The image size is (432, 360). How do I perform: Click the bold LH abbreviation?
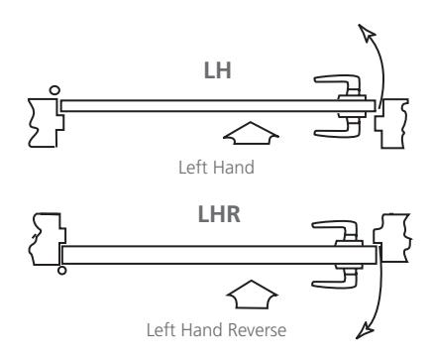pos(217,70)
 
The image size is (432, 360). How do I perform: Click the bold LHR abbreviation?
pos(219,214)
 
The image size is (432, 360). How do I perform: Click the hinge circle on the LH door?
pos(54,90)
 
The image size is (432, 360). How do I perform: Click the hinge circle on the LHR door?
pos(61,270)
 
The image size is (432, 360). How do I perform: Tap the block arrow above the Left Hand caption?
pos(251,133)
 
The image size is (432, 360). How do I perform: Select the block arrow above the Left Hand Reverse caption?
pos(253,295)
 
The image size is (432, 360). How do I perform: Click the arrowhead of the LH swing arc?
pos(366,32)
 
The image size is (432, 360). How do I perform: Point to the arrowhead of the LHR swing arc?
pos(365,330)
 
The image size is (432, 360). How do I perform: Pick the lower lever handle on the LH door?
pos(338,128)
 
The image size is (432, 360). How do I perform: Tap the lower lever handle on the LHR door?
pos(336,279)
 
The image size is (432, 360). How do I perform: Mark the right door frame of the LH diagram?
pos(393,123)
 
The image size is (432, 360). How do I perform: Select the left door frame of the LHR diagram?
pos(47,239)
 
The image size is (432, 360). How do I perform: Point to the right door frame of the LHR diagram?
pos(393,238)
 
